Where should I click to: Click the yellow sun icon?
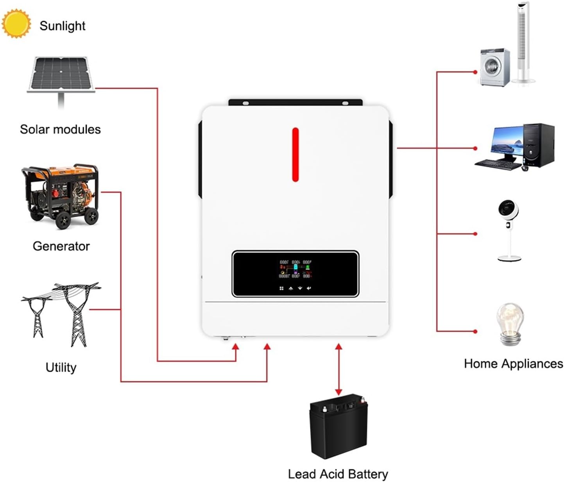[x=16, y=24]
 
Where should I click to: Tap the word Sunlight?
[x=62, y=26]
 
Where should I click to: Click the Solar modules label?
[x=60, y=129]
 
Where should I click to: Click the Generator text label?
[x=61, y=246]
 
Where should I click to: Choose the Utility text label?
[x=61, y=367]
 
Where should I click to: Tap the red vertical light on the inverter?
[x=295, y=155]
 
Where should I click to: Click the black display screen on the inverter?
[x=295, y=274]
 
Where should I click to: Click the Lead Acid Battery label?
[x=338, y=474]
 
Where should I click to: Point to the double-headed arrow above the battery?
[x=338, y=369]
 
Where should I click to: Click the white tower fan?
[x=523, y=43]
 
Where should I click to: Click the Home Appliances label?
[x=513, y=363]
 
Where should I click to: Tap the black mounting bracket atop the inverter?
[x=295, y=103]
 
